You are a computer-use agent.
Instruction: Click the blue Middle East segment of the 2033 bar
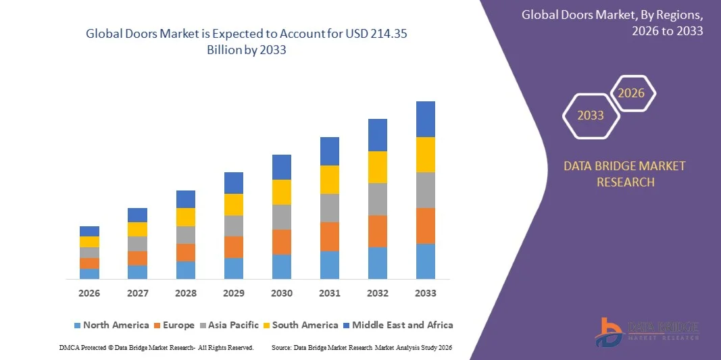click(x=425, y=119)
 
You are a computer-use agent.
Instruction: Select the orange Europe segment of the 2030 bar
click(x=281, y=242)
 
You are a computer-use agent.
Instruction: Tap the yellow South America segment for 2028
click(x=185, y=217)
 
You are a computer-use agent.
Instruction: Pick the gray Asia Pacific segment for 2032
click(x=378, y=199)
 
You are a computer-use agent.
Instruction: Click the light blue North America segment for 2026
click(x=89, y=274)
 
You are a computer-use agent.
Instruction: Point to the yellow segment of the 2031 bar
click(x=330, y=179)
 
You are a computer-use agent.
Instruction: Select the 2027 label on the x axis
click(x=137, y=293)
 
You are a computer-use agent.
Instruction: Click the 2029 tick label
click(x=234, y=293)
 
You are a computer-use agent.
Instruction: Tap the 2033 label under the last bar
click(x=425, y=293)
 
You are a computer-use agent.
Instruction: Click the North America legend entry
click(x=111, y=325)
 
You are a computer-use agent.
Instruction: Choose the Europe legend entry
click(x=174, y=325)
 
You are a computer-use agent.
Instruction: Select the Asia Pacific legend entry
click(x=229, y=325)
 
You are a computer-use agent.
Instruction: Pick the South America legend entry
click(x=301, y=325)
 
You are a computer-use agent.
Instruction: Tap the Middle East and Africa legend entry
click(x=398, y=325)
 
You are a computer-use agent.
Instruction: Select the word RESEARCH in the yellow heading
click(x=625, y=182)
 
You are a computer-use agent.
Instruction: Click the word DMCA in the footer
click(x=69, y=348)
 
